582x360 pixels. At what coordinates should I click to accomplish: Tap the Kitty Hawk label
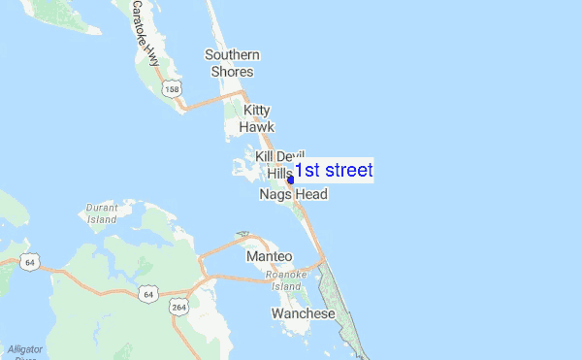click(258, 118)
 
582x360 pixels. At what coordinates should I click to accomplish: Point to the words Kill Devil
click(280, 156)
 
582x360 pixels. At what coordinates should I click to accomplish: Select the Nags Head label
click(293, 195)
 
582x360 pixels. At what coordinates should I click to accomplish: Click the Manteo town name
click(269, 256)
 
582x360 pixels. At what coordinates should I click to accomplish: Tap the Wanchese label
click(303, 314)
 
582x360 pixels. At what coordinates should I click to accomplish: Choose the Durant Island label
click(102, 213)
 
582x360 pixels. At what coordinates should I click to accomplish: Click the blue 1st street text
click(334, 171)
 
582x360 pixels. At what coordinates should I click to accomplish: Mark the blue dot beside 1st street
click(290, 180)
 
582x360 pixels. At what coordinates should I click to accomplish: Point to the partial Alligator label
click(25, 348)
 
